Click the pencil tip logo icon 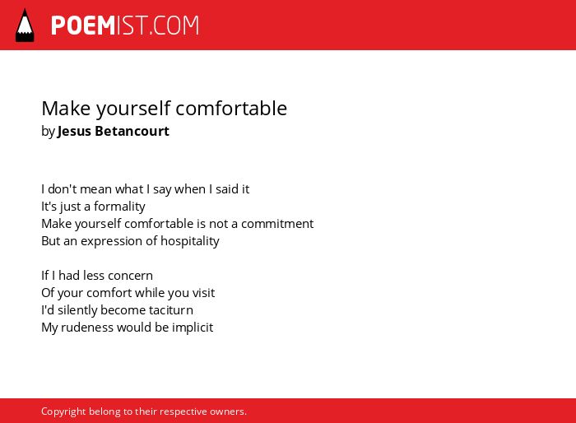click(25, 26)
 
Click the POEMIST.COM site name click(125, 26)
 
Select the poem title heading click(165, 109)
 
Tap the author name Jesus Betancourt click(114, 131)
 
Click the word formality click(119, 207)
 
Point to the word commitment click(277, 224)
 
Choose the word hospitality click(190, 241)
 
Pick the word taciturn click(171, 310)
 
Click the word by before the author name click(48, 132)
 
